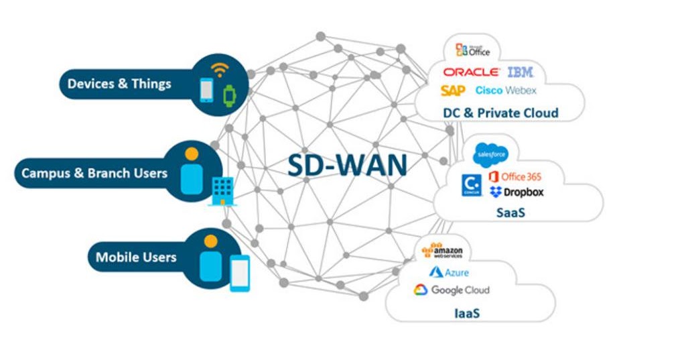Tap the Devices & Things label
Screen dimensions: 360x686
click(119, 84)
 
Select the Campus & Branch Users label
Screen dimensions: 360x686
click(94, 173)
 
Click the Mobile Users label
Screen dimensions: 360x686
click(136, 257)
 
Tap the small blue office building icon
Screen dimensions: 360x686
click(220, 191)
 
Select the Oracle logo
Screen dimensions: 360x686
click(470, 72)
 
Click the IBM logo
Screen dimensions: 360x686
click(521, 72)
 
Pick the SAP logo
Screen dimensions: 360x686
click(453, 91)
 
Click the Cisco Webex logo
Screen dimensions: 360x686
click(506, 91)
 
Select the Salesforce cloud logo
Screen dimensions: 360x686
click(490, 154)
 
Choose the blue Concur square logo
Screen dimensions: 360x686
click(471, 185)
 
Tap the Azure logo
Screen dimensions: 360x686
click(449, 272)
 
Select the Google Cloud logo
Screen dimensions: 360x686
click(451, 290)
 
